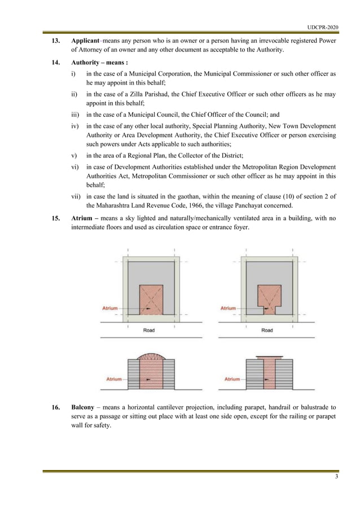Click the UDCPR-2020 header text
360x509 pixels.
323,27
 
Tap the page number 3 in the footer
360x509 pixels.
336,477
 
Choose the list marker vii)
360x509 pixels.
75,196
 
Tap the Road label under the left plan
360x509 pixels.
149,330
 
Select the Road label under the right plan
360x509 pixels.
267,330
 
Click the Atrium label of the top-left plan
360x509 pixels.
109,309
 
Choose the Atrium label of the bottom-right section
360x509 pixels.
232,379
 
